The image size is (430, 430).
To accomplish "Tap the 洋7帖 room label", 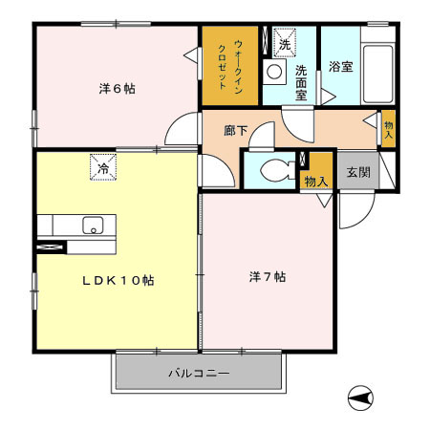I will (x=268, y=277).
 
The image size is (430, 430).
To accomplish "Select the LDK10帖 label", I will (x=118, y=280).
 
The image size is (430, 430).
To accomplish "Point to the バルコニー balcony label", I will (x=199, y=373).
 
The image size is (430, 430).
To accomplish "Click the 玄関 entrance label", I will (x=357, y=172).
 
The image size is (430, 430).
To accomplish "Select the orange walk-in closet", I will (x=229, y=65).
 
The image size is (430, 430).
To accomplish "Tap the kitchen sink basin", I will (x=93, y=226).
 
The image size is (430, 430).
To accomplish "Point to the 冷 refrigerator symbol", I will (x=103, y=168).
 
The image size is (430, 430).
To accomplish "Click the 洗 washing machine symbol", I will (x=284, y=43).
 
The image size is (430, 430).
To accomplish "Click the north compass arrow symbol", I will (x=359, y=397).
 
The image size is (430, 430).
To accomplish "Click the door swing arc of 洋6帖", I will (x=180, y=130).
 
